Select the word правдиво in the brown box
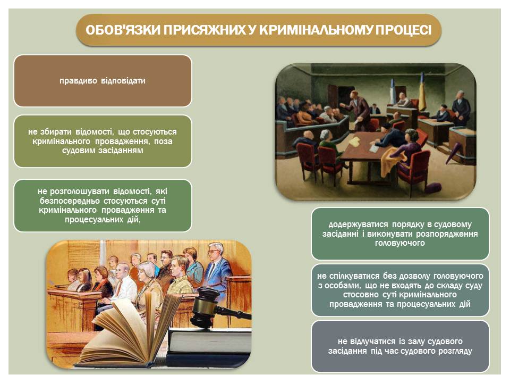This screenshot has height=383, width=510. (78, 81)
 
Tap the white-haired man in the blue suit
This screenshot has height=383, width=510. (217, 267)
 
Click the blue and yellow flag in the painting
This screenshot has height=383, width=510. (422, 92)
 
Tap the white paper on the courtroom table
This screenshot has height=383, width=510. (374, 148)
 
